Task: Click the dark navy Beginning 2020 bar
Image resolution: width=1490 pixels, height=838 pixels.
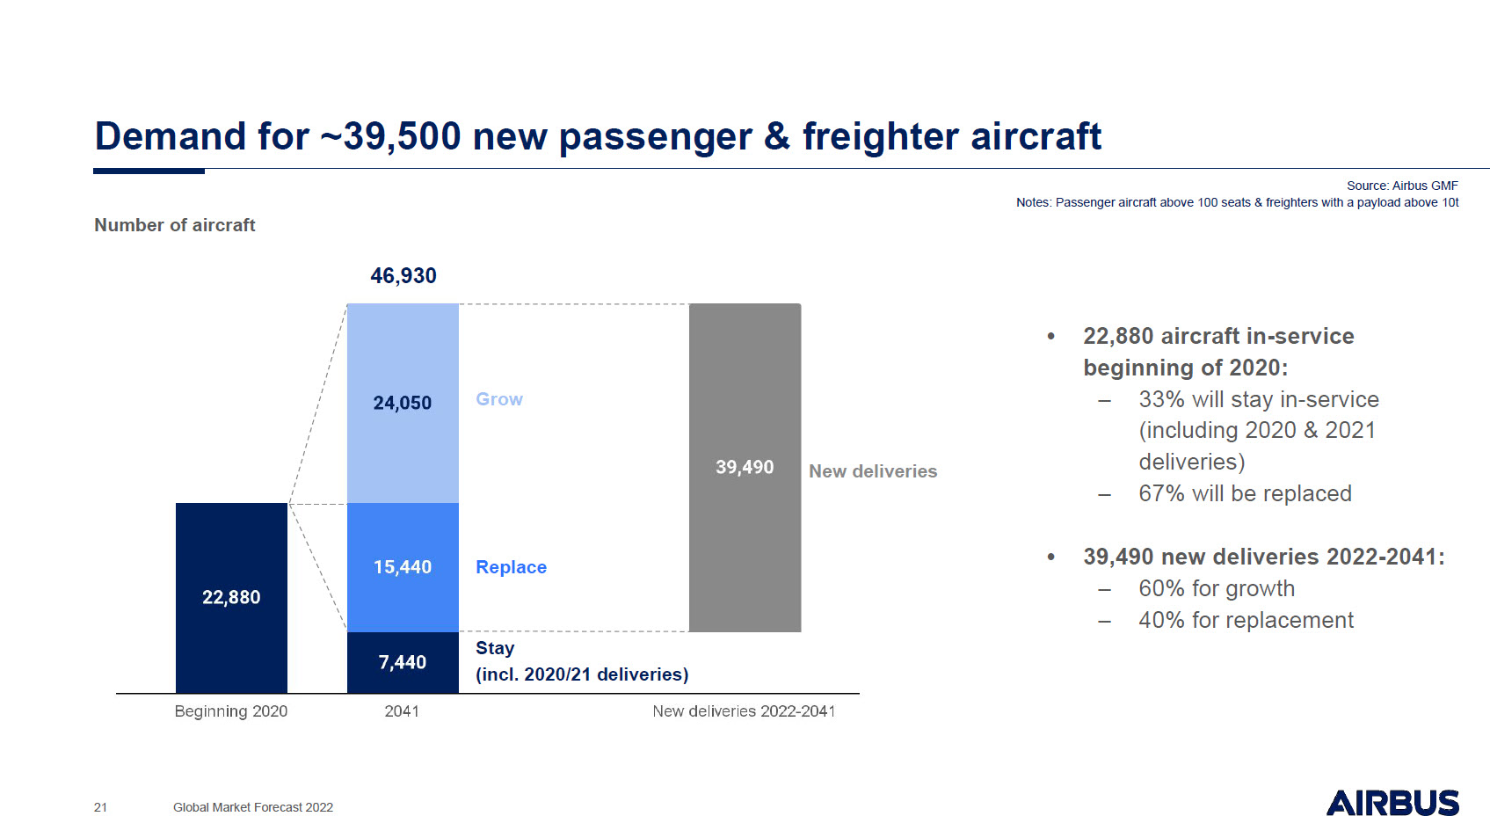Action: pos(231,598)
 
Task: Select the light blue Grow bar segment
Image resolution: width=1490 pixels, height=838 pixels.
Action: pos(403,404)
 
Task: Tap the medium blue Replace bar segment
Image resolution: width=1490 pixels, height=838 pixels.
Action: pos(403,567)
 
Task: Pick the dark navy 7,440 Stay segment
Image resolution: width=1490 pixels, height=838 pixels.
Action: pos(403,662)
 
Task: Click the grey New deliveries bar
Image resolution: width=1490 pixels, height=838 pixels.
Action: pos(745,467)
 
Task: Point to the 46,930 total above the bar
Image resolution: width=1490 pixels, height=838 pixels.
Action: pos(403,275)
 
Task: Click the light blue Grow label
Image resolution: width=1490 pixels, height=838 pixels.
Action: pos(499,399)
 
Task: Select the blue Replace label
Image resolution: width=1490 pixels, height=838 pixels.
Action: pos(511,567)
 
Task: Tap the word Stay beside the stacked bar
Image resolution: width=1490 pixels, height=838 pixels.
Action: pos(495,648)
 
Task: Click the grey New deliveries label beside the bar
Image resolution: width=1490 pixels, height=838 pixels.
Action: pos(873,471)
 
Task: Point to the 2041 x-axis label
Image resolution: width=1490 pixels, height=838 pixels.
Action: pos(402,710)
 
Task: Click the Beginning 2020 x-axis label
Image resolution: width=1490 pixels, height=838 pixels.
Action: pos(231,711)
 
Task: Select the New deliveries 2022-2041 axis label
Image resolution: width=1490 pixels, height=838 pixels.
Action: pos(744,710)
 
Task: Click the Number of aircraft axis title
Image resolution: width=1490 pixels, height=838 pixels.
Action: pos(174,225)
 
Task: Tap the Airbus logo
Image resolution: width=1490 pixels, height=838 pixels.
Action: pos(1392,803)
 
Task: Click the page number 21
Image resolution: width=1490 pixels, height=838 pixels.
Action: pos(100,807)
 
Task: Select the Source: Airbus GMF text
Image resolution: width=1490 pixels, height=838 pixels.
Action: pos(1402,186)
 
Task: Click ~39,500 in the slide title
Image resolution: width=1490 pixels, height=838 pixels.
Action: pos(390,136)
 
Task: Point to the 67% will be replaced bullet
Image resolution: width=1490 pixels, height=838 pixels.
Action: pos(1245,493)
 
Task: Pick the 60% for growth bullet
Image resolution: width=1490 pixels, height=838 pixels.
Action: pos(1217,588)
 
